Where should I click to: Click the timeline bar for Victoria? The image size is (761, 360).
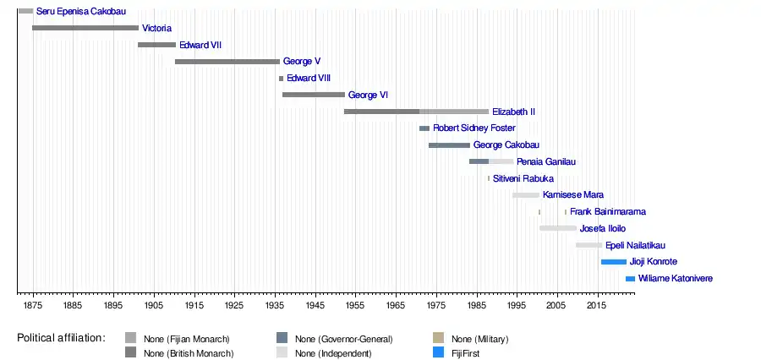point(85,28)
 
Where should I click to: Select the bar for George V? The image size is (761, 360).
point(227,62)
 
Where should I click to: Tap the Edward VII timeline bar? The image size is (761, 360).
point(156,45)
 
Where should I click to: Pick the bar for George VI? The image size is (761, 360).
point(314,95)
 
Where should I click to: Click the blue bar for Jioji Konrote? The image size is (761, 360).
point(614,262)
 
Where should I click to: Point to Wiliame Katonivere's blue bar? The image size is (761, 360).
point(630,279)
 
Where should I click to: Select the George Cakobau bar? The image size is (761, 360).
point(449,145)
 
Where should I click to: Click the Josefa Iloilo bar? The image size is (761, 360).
point(558,228)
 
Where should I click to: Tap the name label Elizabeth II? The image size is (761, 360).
point(513,112)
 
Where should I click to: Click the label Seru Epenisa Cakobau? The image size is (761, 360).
point(80,12)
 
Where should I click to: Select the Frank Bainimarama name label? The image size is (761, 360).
point(608,212)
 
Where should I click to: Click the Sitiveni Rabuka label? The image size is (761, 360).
point(523,178)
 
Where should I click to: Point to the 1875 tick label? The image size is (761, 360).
point(32,304)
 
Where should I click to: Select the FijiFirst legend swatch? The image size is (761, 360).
point(438,352)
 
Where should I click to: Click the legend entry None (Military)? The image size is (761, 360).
point(479,339)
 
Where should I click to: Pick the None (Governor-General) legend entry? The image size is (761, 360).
point(344,339)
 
